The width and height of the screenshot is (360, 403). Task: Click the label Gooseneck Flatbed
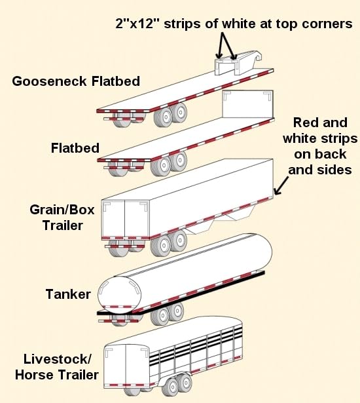click(76, 81)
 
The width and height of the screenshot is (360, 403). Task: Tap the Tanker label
click(68, 294)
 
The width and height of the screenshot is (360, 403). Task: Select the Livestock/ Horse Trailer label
click(57, 367)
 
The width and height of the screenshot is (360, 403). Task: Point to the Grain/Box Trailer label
click(62, 218)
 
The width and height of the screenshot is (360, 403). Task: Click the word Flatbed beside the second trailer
click(75, 148)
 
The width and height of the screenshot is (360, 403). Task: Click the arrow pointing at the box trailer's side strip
click(281, 185)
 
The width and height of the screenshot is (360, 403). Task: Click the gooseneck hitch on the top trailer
click(237, 63)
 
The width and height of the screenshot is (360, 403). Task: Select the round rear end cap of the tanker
click(120, 294)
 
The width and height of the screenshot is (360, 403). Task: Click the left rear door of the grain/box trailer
click(113, 219)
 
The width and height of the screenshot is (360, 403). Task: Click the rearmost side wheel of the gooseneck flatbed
click(163, 117)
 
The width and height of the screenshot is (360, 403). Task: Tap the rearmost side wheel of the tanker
click(160, 316)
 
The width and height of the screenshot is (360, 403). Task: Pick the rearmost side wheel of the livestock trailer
click(171, 387)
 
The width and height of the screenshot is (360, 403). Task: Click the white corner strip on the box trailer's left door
click(106, 206)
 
